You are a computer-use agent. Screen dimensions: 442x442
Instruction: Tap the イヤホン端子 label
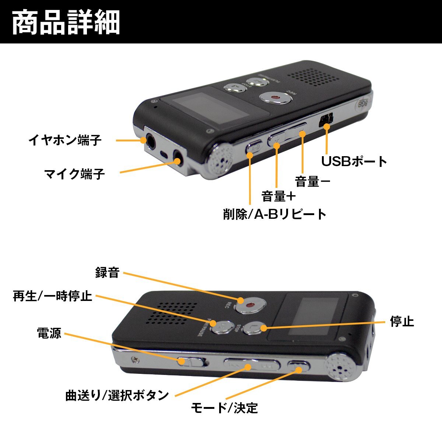[x=65, y=140]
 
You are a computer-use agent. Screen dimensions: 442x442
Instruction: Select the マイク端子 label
[x=74, y=173]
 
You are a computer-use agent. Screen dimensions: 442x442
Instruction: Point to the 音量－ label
[x=313, y=181]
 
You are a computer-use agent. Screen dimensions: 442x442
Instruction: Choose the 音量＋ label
[x=279, y=196]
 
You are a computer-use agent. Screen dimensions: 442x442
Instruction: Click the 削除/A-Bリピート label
[x=275, y=214]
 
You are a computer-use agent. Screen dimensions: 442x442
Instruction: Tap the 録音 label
[x=107, y=273]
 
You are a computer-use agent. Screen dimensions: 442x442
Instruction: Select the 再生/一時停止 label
[x=52, y=296]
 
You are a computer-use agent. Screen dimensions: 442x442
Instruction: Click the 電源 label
[x=49, y=333]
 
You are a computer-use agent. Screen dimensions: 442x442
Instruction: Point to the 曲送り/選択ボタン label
[x=117, y=395]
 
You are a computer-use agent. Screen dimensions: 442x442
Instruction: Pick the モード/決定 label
[x=224, y=408]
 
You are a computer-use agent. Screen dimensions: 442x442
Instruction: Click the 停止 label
[x=402, y=321]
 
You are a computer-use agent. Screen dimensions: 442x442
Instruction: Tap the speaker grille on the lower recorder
[x=172, y=313]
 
